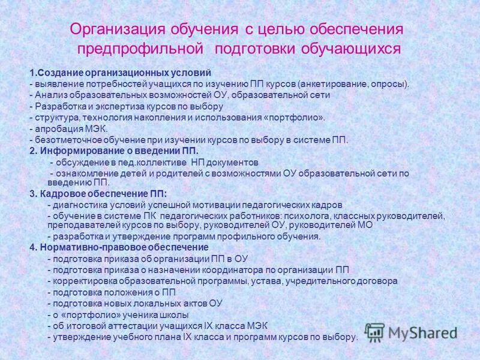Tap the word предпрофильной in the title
(139, 47)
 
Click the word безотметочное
(64, 140)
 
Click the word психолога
(302, 215)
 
